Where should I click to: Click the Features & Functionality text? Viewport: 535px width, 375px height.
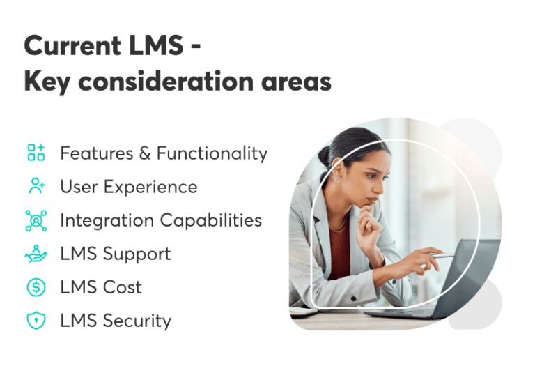[164, 153]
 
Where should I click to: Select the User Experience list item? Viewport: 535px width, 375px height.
[128, 187]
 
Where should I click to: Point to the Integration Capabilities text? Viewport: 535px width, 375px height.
[161, 220]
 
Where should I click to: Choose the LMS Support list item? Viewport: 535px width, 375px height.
[115, 254]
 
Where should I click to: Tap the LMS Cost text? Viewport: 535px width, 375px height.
[101, 287]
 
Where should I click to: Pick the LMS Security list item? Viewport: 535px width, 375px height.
[116, 321]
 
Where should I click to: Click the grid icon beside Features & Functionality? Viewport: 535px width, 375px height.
[36, 153]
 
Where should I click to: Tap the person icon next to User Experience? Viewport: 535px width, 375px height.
[36, 186]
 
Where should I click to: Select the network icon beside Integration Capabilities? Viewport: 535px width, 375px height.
[36, 220]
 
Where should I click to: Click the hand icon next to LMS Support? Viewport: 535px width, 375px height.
[36, 254]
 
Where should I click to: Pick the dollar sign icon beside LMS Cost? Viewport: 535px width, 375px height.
[36, 287]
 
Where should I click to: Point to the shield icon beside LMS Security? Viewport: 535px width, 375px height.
[36, 321]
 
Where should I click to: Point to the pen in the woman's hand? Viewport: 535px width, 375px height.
[440, 256]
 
